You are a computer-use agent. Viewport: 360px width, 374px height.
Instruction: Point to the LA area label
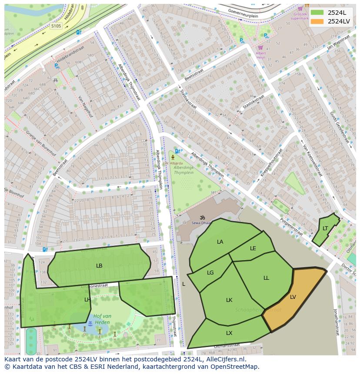click(x=220, y=242)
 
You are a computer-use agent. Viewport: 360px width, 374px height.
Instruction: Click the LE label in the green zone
click(x=253, y=248)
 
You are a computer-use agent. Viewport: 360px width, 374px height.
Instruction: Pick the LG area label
click(x=210, y=273)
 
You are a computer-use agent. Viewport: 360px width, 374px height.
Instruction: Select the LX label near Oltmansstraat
click(x=229, y=333)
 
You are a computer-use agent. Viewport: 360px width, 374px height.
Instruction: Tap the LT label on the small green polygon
click(x=325, y=228)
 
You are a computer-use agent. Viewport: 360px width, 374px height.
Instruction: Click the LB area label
click(x=99, y=265)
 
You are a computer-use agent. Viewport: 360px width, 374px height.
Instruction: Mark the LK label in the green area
click(x=229, y=300)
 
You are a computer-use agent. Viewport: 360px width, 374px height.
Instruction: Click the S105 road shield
click(x=56, y=26)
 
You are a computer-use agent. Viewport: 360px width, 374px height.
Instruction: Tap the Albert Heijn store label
click(x=260, y=55)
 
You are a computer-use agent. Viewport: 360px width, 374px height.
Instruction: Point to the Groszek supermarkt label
click(x=299, y=16)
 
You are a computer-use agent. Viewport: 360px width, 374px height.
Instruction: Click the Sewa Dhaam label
click(x=201, y=223)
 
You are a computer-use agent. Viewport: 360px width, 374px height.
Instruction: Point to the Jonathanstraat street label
click(x=336, y=322)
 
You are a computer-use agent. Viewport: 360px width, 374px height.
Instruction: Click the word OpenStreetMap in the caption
click(x=233, y=367)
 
